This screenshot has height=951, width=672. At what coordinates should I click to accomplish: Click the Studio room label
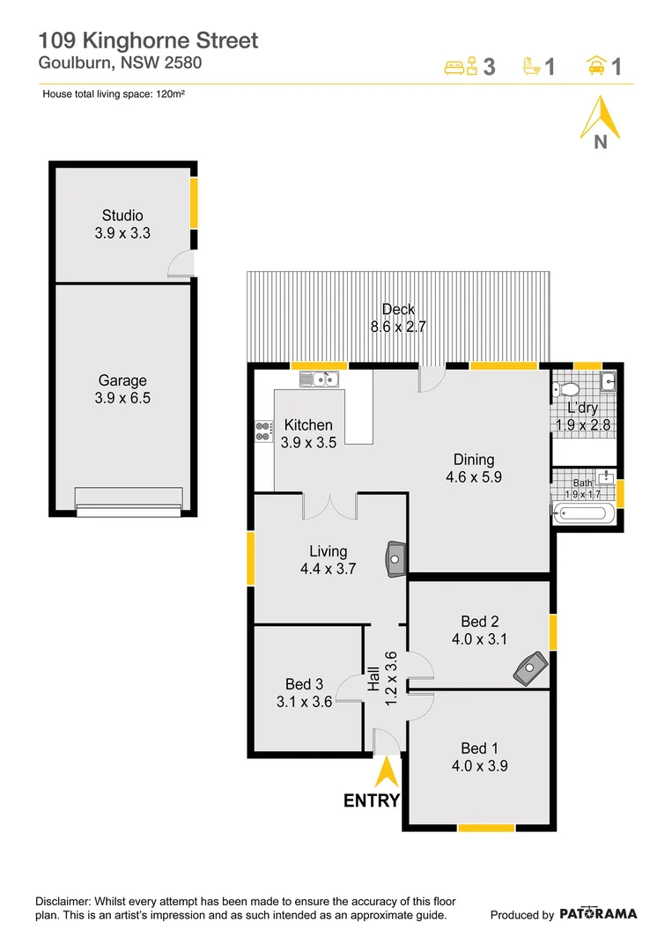pos(122,215)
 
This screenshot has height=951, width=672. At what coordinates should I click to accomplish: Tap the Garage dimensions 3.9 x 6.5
pos(122,398)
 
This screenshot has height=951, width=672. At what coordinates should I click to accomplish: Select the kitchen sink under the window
pos(320,380)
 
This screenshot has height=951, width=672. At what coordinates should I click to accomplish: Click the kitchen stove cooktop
pos(263,431)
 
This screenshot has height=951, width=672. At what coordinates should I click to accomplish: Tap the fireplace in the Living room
pos(395,557)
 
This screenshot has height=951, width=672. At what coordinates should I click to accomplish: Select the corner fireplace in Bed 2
pos(530,668)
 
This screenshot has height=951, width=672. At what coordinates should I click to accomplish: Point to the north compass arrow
pos(600,120)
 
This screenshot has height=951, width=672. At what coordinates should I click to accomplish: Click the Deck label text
pos(398,309)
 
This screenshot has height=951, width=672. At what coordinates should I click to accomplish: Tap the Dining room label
pos(474,459)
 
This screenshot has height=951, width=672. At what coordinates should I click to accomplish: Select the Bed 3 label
pos(304,684)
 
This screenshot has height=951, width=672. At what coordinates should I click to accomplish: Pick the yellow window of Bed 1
pos(486,827)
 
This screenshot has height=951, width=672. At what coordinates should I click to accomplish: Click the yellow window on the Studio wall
pos(194,203)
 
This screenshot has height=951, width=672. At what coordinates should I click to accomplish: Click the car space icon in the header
pos(596,65)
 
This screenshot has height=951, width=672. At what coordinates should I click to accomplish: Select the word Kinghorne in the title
pos(154,40)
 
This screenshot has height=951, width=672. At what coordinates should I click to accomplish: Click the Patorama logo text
pos(598,914)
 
